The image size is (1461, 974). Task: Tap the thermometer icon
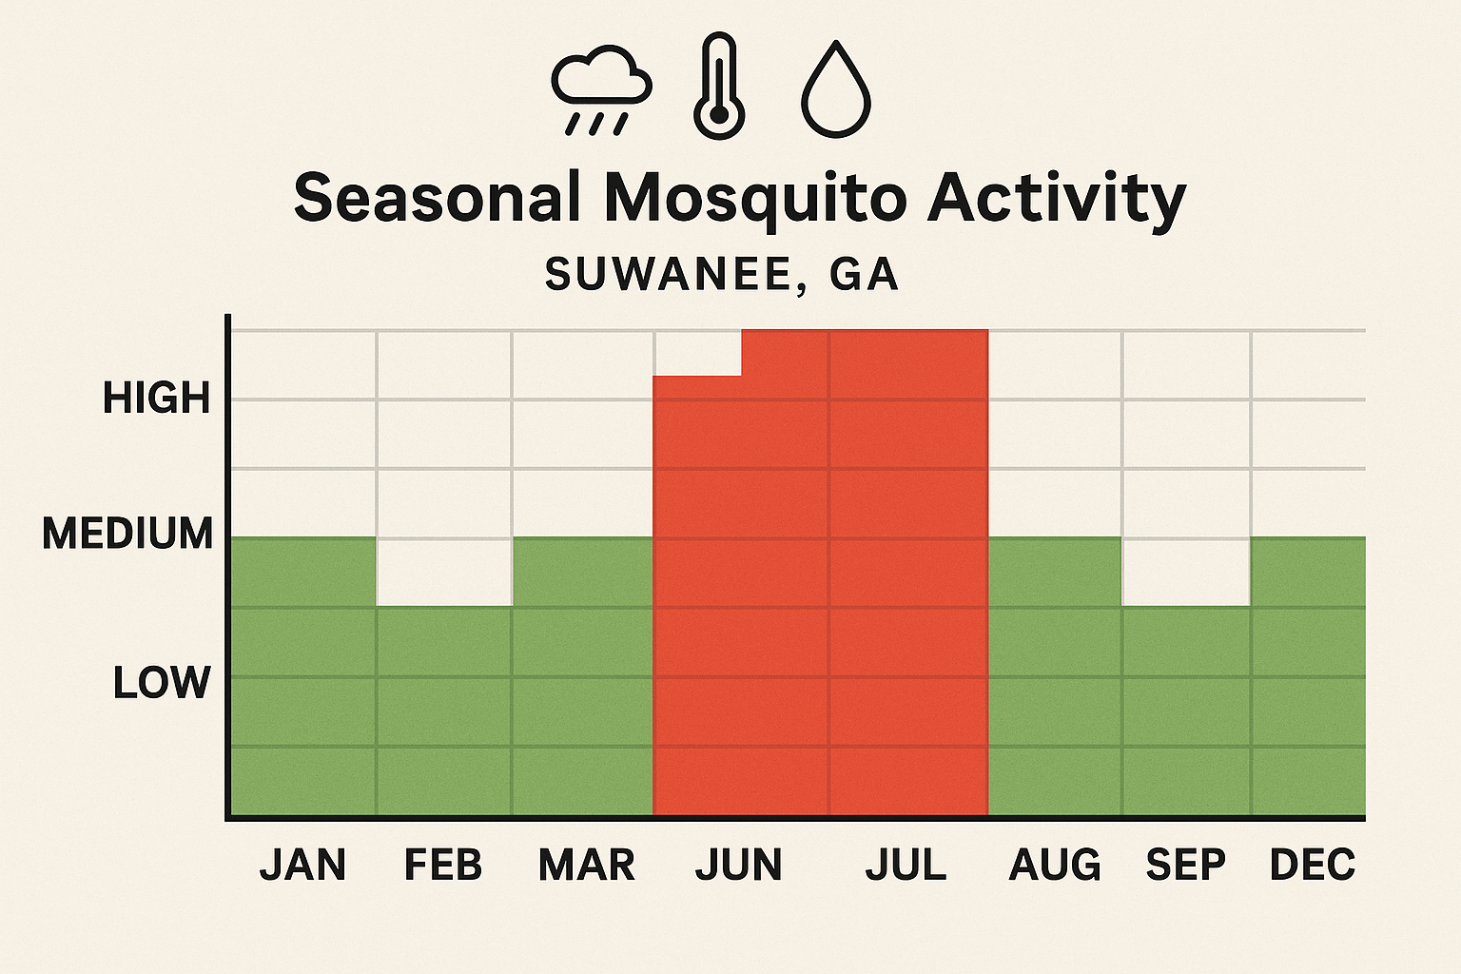(719, 88)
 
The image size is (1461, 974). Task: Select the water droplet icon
(836, 89)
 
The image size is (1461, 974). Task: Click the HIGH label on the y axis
(156, 398)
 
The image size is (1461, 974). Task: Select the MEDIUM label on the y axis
(127, 534)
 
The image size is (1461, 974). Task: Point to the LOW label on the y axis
(161, 683)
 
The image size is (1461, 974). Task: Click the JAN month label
(302, 865)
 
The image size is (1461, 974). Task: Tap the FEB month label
(443, 865)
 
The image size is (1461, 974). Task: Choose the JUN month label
(738, 865)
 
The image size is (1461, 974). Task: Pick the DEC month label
(1313, 865)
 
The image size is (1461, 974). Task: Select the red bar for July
(908, 571)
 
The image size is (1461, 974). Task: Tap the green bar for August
(1055, 675)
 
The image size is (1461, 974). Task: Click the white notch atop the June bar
(697, 352)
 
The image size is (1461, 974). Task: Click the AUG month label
(1055, 865)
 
